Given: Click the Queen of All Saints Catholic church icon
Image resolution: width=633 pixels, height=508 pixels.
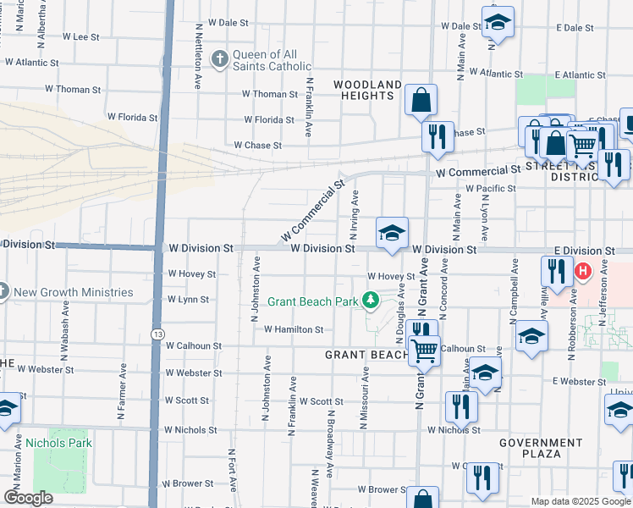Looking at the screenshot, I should pos(219,58).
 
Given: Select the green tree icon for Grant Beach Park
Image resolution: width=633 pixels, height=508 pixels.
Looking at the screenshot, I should pos(370,300).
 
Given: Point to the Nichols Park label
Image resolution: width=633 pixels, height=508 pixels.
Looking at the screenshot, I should pos(58,442).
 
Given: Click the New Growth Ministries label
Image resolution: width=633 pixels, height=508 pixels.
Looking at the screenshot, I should pos(74,293).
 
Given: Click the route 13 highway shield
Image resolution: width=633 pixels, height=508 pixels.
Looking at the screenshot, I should pos(157,335).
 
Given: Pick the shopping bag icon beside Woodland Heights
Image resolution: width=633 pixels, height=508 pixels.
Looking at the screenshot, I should pos(421,101).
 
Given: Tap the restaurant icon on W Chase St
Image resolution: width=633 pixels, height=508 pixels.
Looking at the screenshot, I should pos(437,137).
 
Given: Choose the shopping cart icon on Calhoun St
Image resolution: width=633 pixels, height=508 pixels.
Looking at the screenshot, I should pos(424,349).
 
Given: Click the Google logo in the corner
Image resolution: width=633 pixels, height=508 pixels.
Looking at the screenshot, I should pos(28,498).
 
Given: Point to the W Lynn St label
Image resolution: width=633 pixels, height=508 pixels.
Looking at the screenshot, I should pos(188,300).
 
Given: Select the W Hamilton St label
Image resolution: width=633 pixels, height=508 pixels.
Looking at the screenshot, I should pos(294,329).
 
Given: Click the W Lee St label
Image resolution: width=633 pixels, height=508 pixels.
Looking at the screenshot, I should pos(81,37).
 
